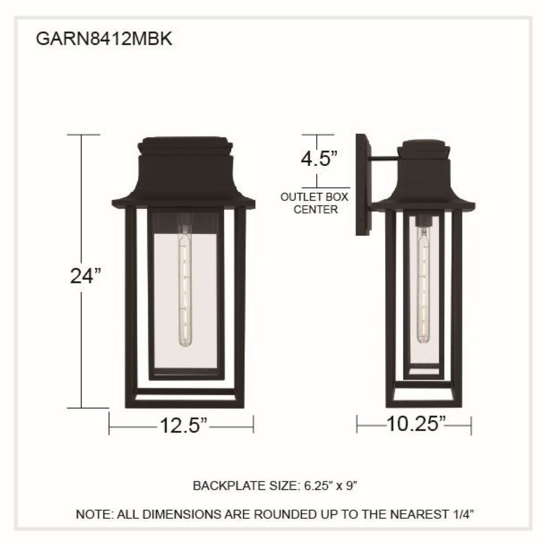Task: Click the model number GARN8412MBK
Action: click(x=104, y=39)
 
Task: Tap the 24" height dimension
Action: click(x=85, y=276)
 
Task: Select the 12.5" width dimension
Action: click(x=184, y=425)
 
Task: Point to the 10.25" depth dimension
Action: click(x=416, y=424)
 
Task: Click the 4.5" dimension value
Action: click(x=319, y=158)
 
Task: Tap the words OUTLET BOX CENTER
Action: click(x=315, y=203)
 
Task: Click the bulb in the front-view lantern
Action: click(x=185, y=286)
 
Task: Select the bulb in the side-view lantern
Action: click(x=423, y=285)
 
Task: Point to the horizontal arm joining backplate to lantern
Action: click(x=385, y=159)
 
